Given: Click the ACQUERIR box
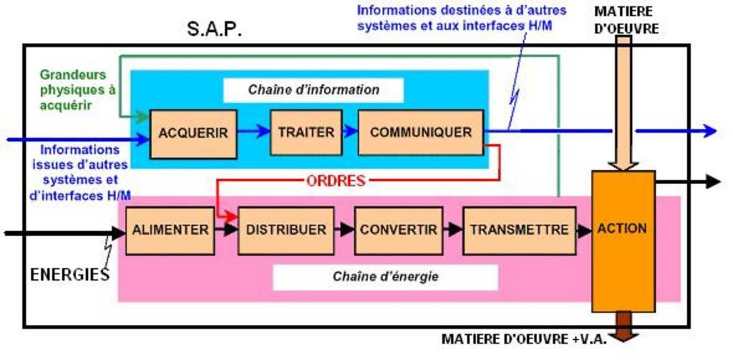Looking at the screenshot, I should coord(193,133).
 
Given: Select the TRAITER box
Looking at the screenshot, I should coord(306,132).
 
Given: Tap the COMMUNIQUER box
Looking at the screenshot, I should coord(420,132).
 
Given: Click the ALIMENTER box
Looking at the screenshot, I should coord(170,230).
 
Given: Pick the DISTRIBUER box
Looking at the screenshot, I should coord(286,230).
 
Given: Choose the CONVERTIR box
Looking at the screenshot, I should coord(398,230).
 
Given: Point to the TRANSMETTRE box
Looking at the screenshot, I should coord(519,230).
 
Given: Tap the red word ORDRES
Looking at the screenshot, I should coord(335,180).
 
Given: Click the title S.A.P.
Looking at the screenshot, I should coord(214,29).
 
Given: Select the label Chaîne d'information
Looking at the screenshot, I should coord(314,90).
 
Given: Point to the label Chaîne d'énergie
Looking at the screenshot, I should coord(385,276).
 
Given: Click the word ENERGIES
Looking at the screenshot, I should coord(69,274).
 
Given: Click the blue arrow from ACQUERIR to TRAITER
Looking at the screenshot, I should coord(253,131).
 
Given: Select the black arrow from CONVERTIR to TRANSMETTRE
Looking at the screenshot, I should coord(452,230).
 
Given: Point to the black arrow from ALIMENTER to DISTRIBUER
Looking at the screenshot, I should coord(226,230).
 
